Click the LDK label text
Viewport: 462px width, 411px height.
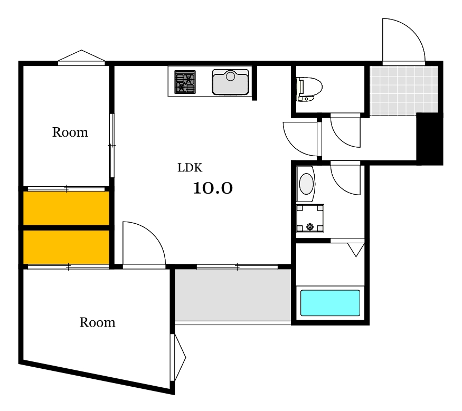[190, 168]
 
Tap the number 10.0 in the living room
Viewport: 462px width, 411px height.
[213, 188]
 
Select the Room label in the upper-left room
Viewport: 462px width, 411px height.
[70, 132]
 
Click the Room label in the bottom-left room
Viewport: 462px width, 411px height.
[97, 322]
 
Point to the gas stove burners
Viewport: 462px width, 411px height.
[185, 82]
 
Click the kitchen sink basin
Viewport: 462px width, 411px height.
[230, 82]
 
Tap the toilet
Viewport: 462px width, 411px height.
[309, 89]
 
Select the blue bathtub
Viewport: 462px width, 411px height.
[330, 303]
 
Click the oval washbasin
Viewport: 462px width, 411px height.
[306, 184]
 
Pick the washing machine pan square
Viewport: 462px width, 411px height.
[310, 218]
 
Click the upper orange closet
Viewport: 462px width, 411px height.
[67, 208]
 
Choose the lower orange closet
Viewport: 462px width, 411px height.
[67, 247]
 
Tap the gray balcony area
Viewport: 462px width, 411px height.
[233, 295]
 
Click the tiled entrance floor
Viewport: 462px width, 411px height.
[404, 90]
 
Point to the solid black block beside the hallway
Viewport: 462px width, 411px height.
[429, 139]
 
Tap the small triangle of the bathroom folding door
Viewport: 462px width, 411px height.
[356, 250]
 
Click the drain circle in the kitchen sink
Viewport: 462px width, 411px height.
[230, 77]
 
